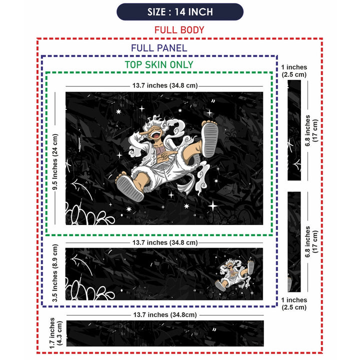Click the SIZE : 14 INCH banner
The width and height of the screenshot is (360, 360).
(180, 11)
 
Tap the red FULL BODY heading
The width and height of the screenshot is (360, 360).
(179, 30)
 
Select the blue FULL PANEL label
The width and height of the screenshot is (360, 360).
(159, 48)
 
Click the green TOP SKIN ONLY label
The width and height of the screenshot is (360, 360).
(159, 64)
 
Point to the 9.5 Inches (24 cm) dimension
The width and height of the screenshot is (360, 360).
(55, 162)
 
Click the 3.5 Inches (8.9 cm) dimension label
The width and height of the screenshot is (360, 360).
(55, 273)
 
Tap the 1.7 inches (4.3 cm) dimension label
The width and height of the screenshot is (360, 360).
(56, 333)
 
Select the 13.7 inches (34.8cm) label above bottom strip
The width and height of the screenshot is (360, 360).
(165, 315)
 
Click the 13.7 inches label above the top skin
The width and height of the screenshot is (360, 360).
(165, 85)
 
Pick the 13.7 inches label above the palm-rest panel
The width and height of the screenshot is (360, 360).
(165, 242)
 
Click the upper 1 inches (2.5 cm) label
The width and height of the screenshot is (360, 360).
(294, 70)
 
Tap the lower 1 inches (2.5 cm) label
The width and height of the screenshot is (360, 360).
(294, 303)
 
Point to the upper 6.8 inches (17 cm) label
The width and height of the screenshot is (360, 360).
(311, 130)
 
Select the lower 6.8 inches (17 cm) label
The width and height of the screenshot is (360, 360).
(311, 242)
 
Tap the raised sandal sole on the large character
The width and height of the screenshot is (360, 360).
(210, 139)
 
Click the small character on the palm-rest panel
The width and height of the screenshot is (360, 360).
(234, 274)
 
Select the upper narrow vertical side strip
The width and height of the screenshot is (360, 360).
(294, 130)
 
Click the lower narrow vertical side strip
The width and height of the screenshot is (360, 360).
(294, 242)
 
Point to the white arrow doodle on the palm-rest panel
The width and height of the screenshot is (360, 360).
(81, 264)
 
